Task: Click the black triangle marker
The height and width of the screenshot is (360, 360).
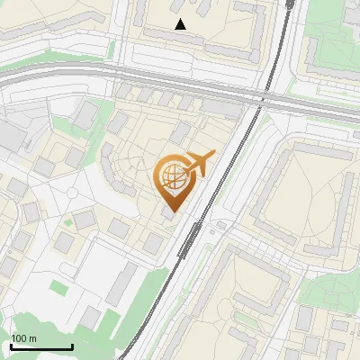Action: point(181,24)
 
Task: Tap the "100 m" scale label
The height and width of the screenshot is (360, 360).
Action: point(23,338)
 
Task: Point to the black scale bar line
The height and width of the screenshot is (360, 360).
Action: point(41,346)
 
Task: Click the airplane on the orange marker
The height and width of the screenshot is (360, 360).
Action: point(200,163)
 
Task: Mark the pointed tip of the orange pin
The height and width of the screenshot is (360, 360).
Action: point(172,212)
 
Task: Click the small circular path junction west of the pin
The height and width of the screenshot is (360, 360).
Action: point(72,192)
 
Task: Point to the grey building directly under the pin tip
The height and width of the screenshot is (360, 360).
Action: point(168,217)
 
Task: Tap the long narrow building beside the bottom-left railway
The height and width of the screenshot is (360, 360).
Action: point(120,283)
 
